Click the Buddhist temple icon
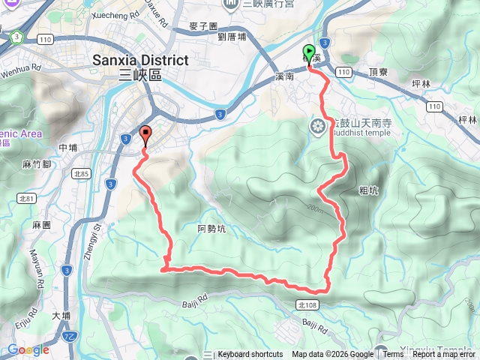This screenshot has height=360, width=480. pyautogui.click(x=318, y=126)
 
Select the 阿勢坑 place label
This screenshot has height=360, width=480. pyautogui.click(x=211, y=229)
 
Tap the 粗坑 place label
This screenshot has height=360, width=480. pyautogui.click(x=368, y=190)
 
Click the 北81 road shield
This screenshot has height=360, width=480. pyautogui.click(x=28, y=199)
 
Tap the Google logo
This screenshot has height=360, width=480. pyautogui.click(x=28, y=349)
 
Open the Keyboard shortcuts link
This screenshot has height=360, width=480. pyautogui.click(x=250, y=355)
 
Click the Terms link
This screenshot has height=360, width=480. pyautogui.click(x=393, y=355)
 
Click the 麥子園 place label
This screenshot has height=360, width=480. pyautogui.click(x=203, y=25)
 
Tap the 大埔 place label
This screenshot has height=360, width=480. pyautogui.click(x=61, y=316)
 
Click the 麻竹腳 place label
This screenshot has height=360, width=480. pyautogui.click(x=36, y=164)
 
